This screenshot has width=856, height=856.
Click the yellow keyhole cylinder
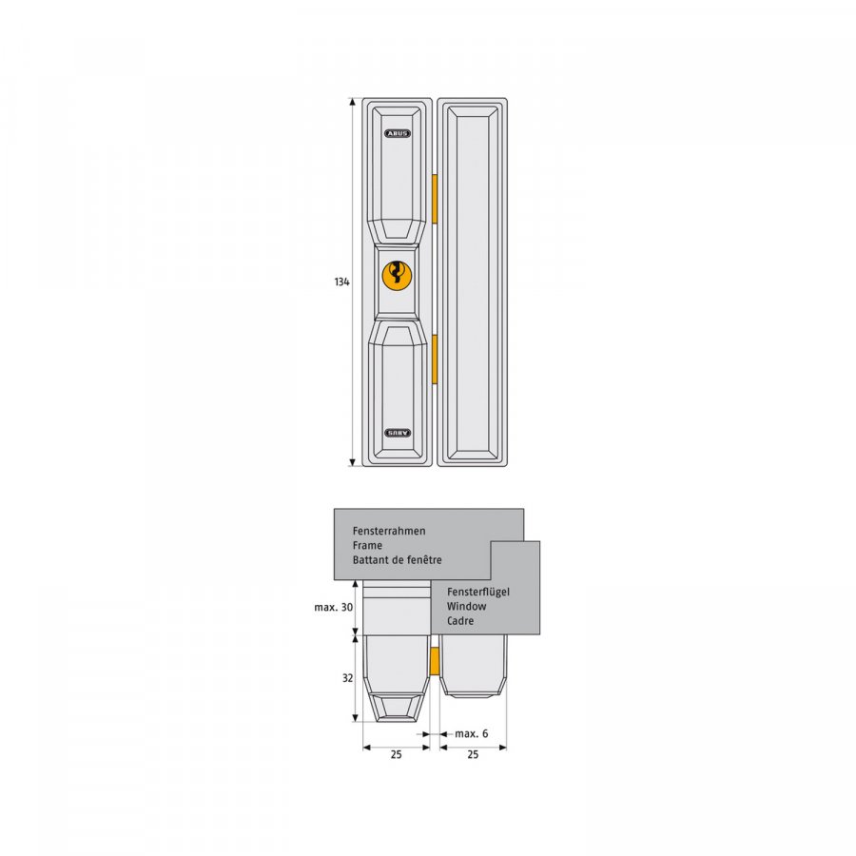397,275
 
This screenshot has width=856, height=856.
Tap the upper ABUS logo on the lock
398,133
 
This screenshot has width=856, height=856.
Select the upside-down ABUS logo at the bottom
398,433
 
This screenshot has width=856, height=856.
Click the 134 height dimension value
341,282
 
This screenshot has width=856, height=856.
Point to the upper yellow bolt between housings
435,199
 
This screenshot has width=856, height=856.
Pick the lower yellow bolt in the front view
435,360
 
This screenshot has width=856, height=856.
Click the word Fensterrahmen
389,531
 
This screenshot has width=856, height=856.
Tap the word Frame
367,545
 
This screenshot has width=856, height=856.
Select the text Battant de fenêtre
397,559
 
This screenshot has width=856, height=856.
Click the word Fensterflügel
478,592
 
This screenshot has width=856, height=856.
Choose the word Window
466,606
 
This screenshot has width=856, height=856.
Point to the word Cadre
460,621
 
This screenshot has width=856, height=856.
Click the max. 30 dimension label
334,607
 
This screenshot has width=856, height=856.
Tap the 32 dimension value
348,678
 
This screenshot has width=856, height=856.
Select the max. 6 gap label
472,733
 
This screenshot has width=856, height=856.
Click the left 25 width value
397,754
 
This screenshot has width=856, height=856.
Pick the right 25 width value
473,754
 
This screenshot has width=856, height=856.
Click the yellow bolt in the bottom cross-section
435,661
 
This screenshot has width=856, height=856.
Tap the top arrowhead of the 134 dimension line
353,102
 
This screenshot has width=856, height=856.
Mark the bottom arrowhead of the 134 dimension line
353,462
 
